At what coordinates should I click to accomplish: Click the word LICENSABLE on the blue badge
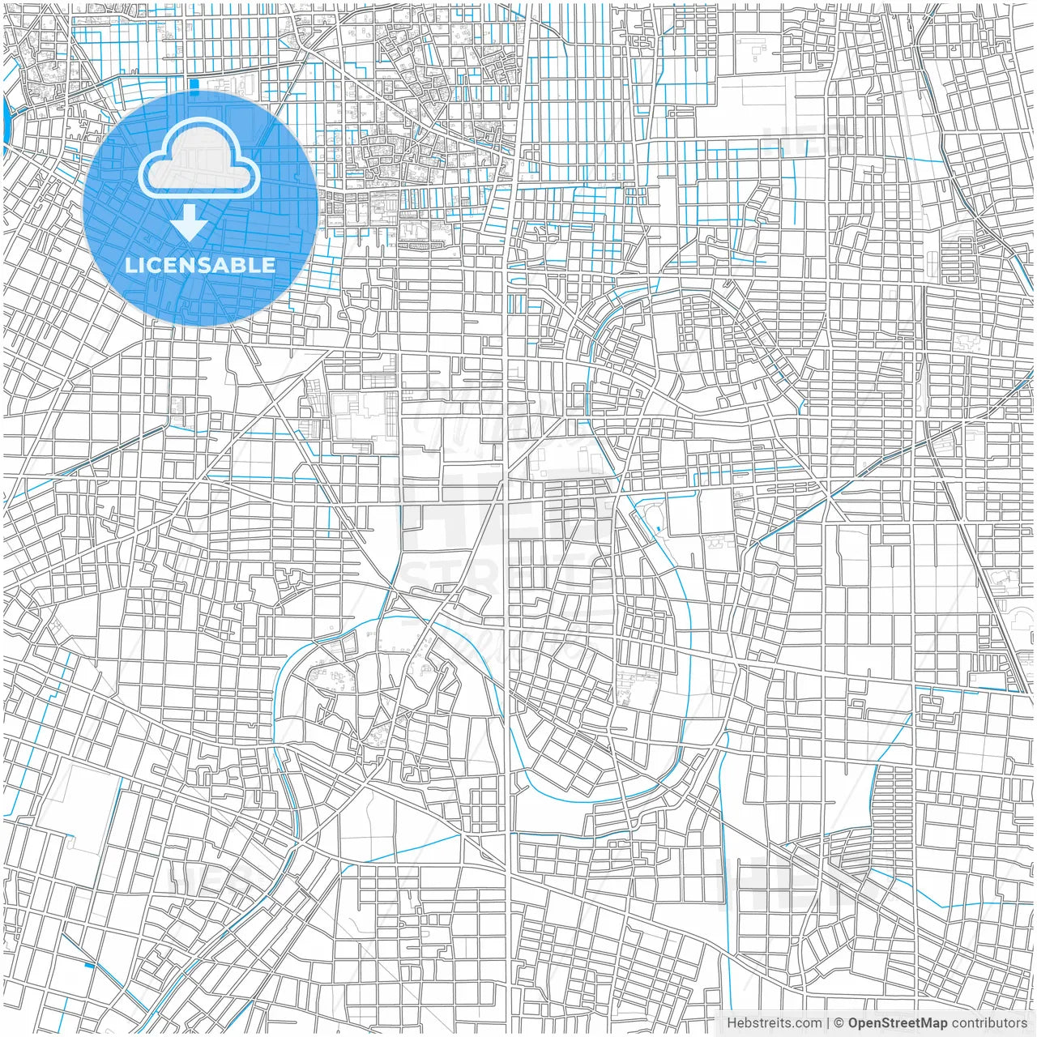(200, 265)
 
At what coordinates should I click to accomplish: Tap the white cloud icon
(198, 162)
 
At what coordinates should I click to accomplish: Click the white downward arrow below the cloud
(190, 222)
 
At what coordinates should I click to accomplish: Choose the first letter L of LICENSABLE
(130, 265)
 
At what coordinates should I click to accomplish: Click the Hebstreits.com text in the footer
(774, 1023)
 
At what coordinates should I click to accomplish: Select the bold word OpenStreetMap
(898, 1023)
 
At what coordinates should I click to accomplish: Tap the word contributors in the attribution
(989, 1023)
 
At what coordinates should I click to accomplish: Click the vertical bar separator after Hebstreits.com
(828, 1023)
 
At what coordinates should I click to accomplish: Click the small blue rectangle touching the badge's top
(193, 83)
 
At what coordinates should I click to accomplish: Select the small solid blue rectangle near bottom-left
(89, 965)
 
